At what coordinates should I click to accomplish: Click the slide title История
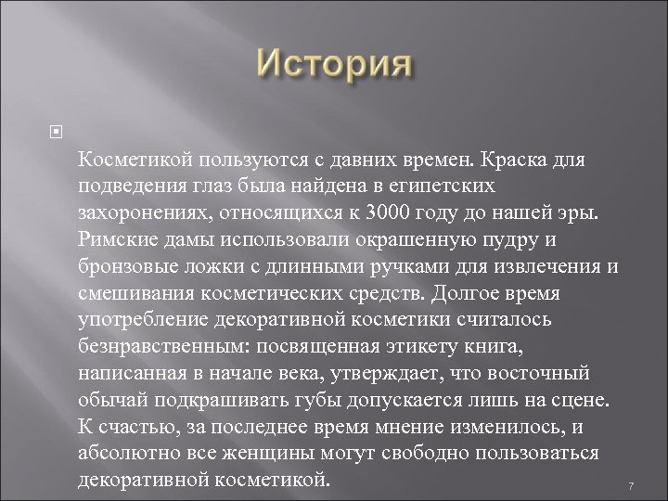(x=333, y=67)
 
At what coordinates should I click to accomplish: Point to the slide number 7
(x=630, y=487)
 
